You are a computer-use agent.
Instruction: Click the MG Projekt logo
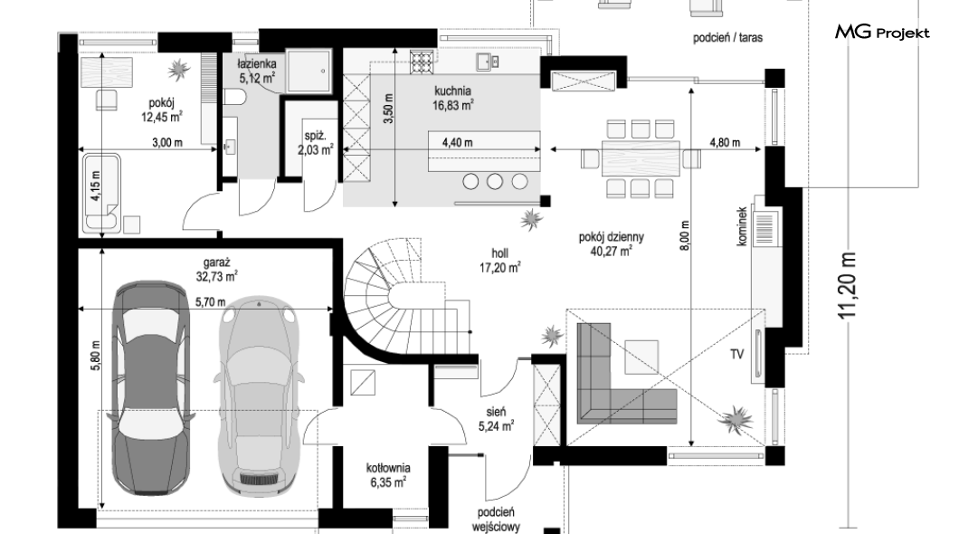click(882, 33)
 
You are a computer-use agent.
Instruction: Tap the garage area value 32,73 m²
click(221, 278)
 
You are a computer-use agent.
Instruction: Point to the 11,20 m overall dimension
click(848, 286)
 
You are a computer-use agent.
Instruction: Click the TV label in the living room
click(737, 354)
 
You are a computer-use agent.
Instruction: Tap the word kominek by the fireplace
click(742, 226)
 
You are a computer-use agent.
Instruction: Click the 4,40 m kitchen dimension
click(457, 143)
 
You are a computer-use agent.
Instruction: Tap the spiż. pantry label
click(314, 137)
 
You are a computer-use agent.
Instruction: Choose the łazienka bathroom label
click(257, 65)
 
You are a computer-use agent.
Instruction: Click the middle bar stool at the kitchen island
click(495, 181)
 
